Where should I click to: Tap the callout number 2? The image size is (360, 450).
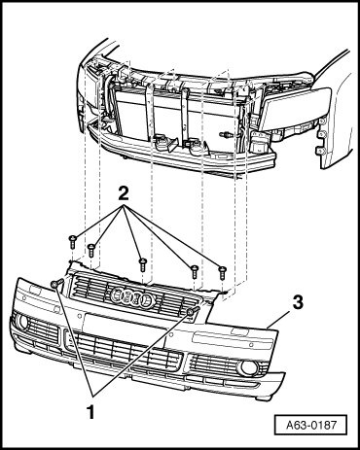click(124, 194)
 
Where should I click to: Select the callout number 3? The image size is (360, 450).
click(298, 303)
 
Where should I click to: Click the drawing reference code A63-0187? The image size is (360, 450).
click(311, 425)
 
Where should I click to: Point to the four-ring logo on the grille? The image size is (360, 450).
click(133, 296)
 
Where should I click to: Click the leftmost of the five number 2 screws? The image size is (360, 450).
click(72, 242)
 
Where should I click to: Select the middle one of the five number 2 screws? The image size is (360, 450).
click(143, 264)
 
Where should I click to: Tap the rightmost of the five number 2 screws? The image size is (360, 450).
click(222, 272)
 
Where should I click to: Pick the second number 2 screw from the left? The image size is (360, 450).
click(91, 251)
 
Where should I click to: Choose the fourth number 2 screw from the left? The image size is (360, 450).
click(195, 271)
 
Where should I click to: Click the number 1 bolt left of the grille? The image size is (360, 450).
click(56, 284)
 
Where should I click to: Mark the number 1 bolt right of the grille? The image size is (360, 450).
click(193, 311)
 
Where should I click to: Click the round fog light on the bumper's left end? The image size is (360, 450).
click(22, 322)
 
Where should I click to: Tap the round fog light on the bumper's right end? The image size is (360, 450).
click(248, 368)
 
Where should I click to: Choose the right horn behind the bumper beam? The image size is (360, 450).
click(198, 148)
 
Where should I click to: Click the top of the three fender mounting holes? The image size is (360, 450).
click(322, 121)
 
